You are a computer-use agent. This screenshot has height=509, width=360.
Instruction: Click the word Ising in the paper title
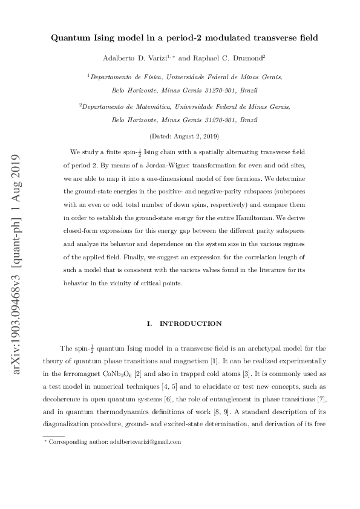click(x=114, y=38)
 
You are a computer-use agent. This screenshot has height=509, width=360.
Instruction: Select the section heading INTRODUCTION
click(x=189, y=323)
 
